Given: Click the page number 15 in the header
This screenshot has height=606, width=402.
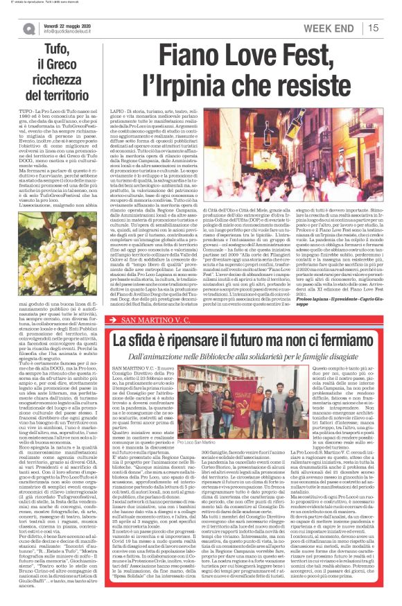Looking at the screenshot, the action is pos(374,27).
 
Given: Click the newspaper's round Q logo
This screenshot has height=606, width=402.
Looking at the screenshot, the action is pos(28,28).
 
